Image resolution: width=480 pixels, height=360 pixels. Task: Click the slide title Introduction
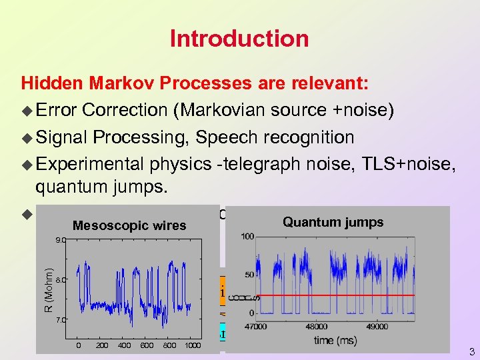[239, 38]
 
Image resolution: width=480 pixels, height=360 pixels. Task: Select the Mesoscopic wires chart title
[129, 225]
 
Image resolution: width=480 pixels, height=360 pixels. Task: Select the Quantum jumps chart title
[333, 222]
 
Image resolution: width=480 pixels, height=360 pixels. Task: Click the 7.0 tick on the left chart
[61, 320]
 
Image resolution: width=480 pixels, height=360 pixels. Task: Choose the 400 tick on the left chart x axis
[124, 345]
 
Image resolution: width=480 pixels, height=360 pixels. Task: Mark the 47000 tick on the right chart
[255, 327]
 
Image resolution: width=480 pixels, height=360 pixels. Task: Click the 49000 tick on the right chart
[376, 327]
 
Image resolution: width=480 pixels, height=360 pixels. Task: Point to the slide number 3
[471, 351]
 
